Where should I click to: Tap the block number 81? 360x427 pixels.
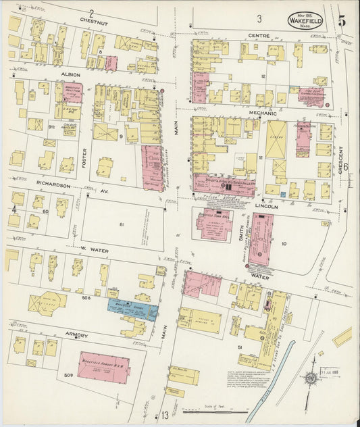click(122, 224)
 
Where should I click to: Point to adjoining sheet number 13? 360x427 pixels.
click(164, 415)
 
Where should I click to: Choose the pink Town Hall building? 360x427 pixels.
click(213, 224)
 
